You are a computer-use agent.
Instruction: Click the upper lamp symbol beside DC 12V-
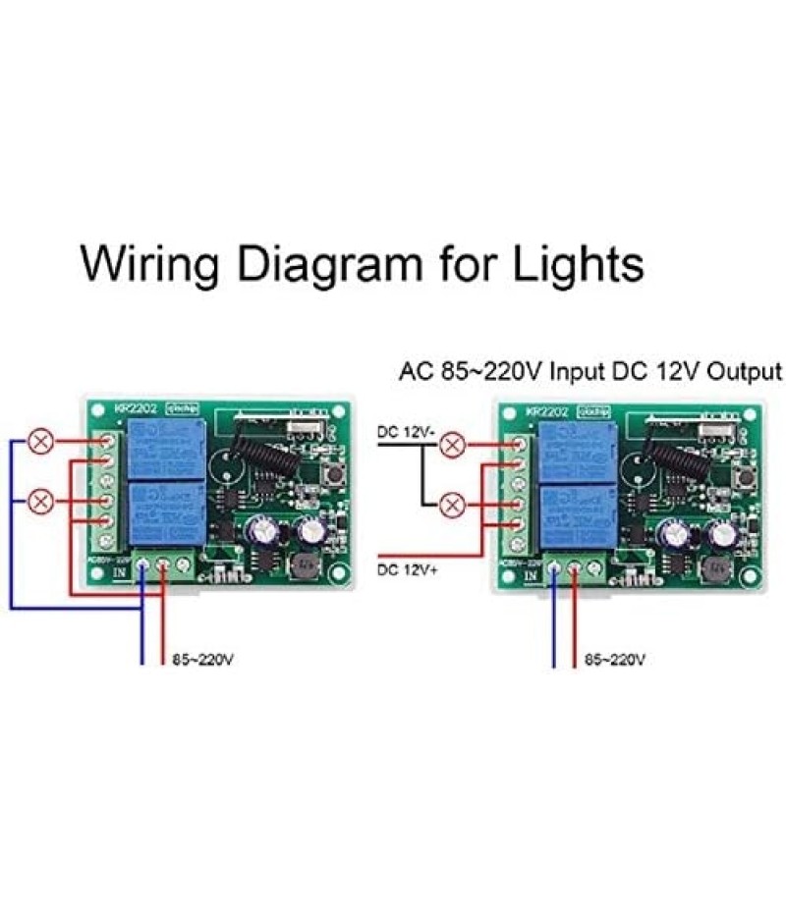[452, 447]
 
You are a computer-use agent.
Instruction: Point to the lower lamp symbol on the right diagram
[452, 507]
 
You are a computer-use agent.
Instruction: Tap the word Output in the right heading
[743, 372]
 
